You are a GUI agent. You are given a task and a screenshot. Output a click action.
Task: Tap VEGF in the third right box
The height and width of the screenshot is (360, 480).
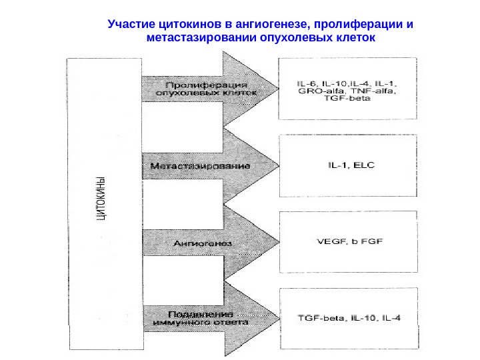click(331, 243)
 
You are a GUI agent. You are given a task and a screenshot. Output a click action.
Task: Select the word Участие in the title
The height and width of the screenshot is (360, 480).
click(128, 25)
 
